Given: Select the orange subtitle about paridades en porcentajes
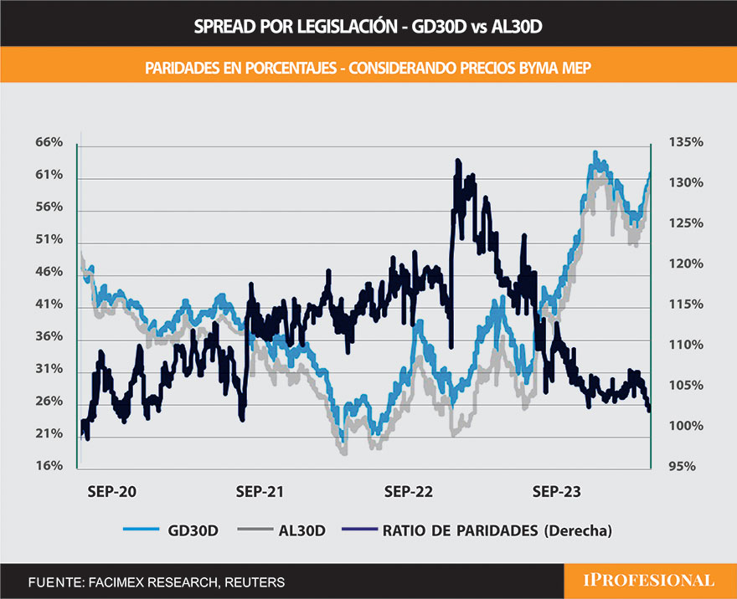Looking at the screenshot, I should click(x=368, y=67).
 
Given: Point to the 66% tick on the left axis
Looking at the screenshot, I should click(x=49, y=143).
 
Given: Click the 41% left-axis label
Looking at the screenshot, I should click(x=49, y=305).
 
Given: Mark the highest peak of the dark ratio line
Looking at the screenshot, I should click(x=457, y=160).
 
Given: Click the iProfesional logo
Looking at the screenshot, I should click(x=650, y=581).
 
